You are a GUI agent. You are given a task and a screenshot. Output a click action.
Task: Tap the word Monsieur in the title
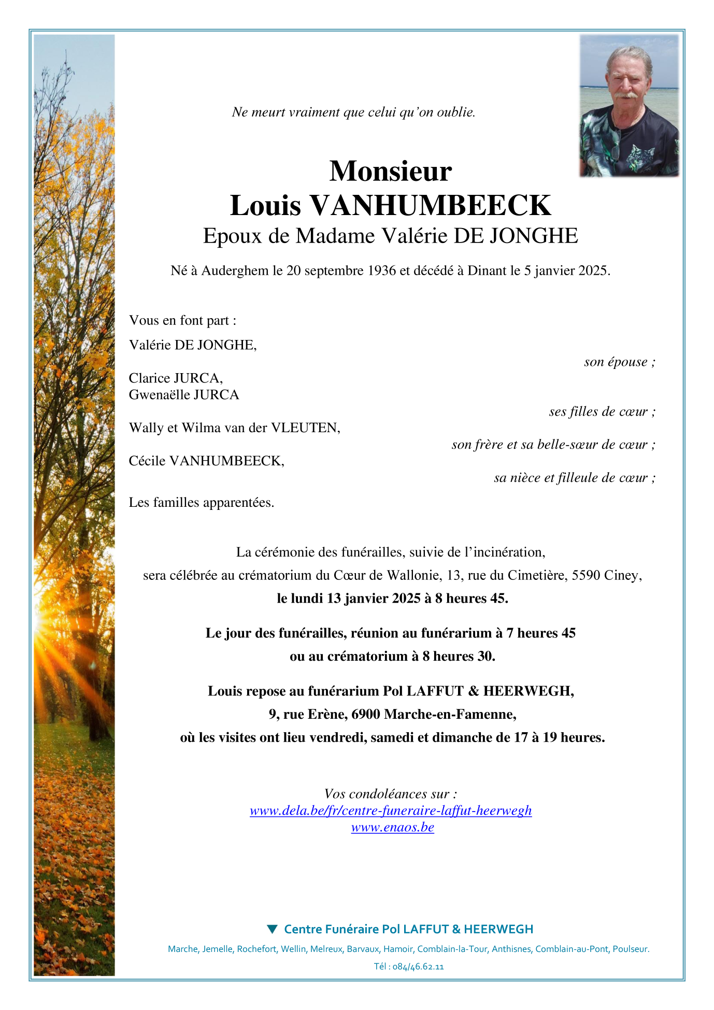390,171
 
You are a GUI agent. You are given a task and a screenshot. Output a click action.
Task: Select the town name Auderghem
235,271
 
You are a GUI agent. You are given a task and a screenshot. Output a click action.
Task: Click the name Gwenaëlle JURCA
184,395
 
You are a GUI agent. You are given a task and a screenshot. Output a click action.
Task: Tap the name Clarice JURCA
176,378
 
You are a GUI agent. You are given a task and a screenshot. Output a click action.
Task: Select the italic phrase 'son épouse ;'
619,362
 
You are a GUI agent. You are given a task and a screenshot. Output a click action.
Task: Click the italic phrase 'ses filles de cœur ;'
602,411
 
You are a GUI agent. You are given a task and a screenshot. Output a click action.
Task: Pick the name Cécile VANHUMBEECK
206,461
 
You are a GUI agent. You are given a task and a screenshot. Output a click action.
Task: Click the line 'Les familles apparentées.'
202,502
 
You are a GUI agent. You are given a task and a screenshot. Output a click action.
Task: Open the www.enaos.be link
392,827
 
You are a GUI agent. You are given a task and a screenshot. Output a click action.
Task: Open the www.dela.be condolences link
391,810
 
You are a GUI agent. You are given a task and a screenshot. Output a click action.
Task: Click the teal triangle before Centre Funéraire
272,929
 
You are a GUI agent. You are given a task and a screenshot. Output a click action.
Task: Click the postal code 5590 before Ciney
586,575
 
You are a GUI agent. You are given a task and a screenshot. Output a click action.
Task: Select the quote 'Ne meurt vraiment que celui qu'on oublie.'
353,112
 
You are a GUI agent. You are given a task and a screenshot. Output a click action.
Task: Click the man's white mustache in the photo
627,95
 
